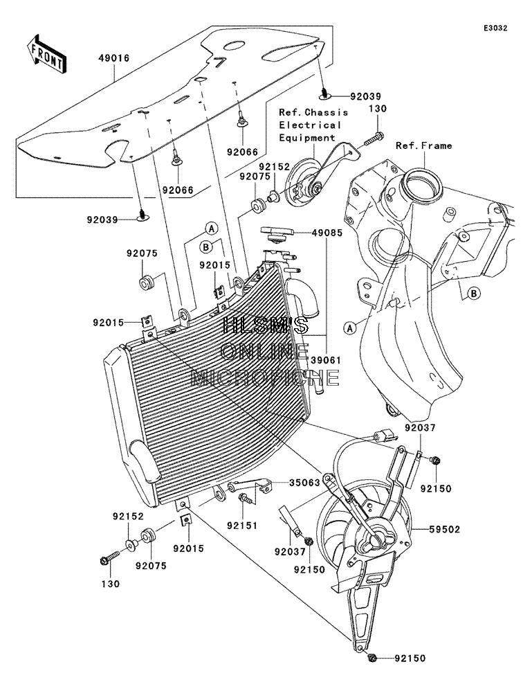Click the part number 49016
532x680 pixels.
pyautogui.click(x=114, y=58)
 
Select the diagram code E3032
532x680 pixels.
pyautogui.click(x=495, y=28)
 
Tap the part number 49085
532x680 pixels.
pyautogui.click(x=327, y=233)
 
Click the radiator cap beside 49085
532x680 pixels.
pyautogui.click(x=277, y=234)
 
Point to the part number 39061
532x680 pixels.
pyautogui.click(x=327, y=360)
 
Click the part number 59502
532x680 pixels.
pyautogui.click(x=445, y=529)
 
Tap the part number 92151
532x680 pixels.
pyautogui.click(x=241, y=526)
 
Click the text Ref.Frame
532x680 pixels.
pyautogui.click(x=423, y=145)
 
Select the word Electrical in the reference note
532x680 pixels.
pyautogui.click(x=310, y=125)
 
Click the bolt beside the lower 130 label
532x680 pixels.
pyautogui.click(x=111, y=558)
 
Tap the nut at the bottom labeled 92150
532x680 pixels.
pyautogui.click(x=372, y=659)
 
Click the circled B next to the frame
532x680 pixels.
pyautogui.click(x=474, y=294)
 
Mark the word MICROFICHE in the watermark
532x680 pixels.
pyautogui.click(x=265, y=378)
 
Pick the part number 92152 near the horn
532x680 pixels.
pyautogui.click(x=274, y=167)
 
